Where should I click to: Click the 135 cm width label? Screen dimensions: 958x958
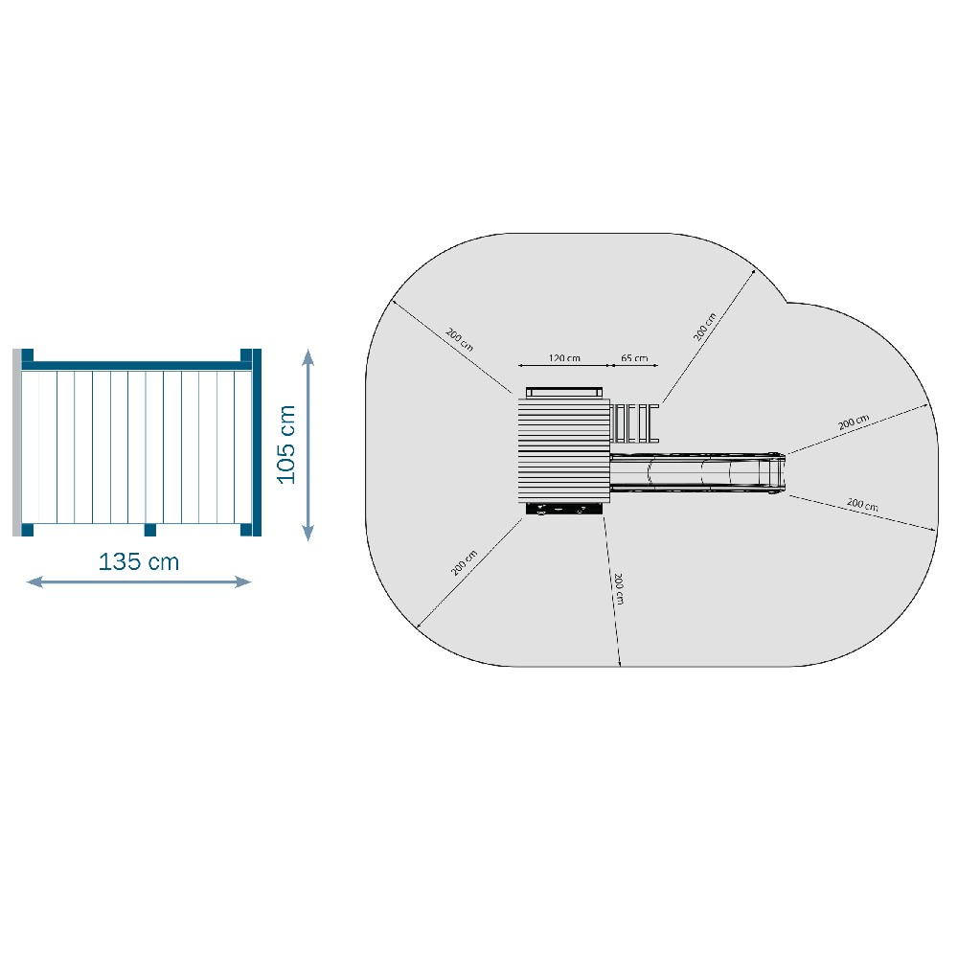tap(139, 562)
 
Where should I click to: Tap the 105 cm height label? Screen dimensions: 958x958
tap(285, 445)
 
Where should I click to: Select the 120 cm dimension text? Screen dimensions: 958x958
tap(564, 358)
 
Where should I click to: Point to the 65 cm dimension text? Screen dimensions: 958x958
tap(634, 358)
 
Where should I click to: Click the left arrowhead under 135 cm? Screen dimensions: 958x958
tap(34, 582)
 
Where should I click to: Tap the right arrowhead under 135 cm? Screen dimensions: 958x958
tap(243, 582)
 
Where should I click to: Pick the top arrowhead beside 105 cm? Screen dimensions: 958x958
tap(308, 356)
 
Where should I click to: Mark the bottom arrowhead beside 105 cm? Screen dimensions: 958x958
tap(308, 533)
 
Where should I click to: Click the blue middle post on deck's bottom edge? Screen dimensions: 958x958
tap(149, 530)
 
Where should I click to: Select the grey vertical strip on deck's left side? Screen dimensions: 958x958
tap(16, 443)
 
